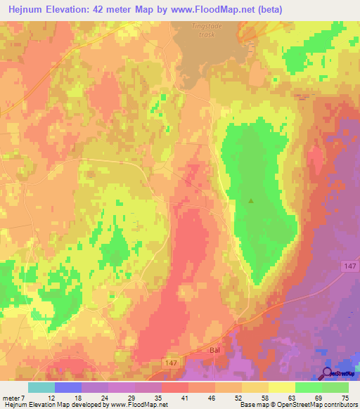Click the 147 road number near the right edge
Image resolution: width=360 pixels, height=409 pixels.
[x=349, y=265]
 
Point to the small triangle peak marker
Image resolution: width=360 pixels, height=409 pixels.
[x=251, y=200]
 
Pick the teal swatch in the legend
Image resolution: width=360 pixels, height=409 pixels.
[x=41, y=387]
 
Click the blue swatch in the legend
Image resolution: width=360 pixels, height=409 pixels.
[x=68, y=387]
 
